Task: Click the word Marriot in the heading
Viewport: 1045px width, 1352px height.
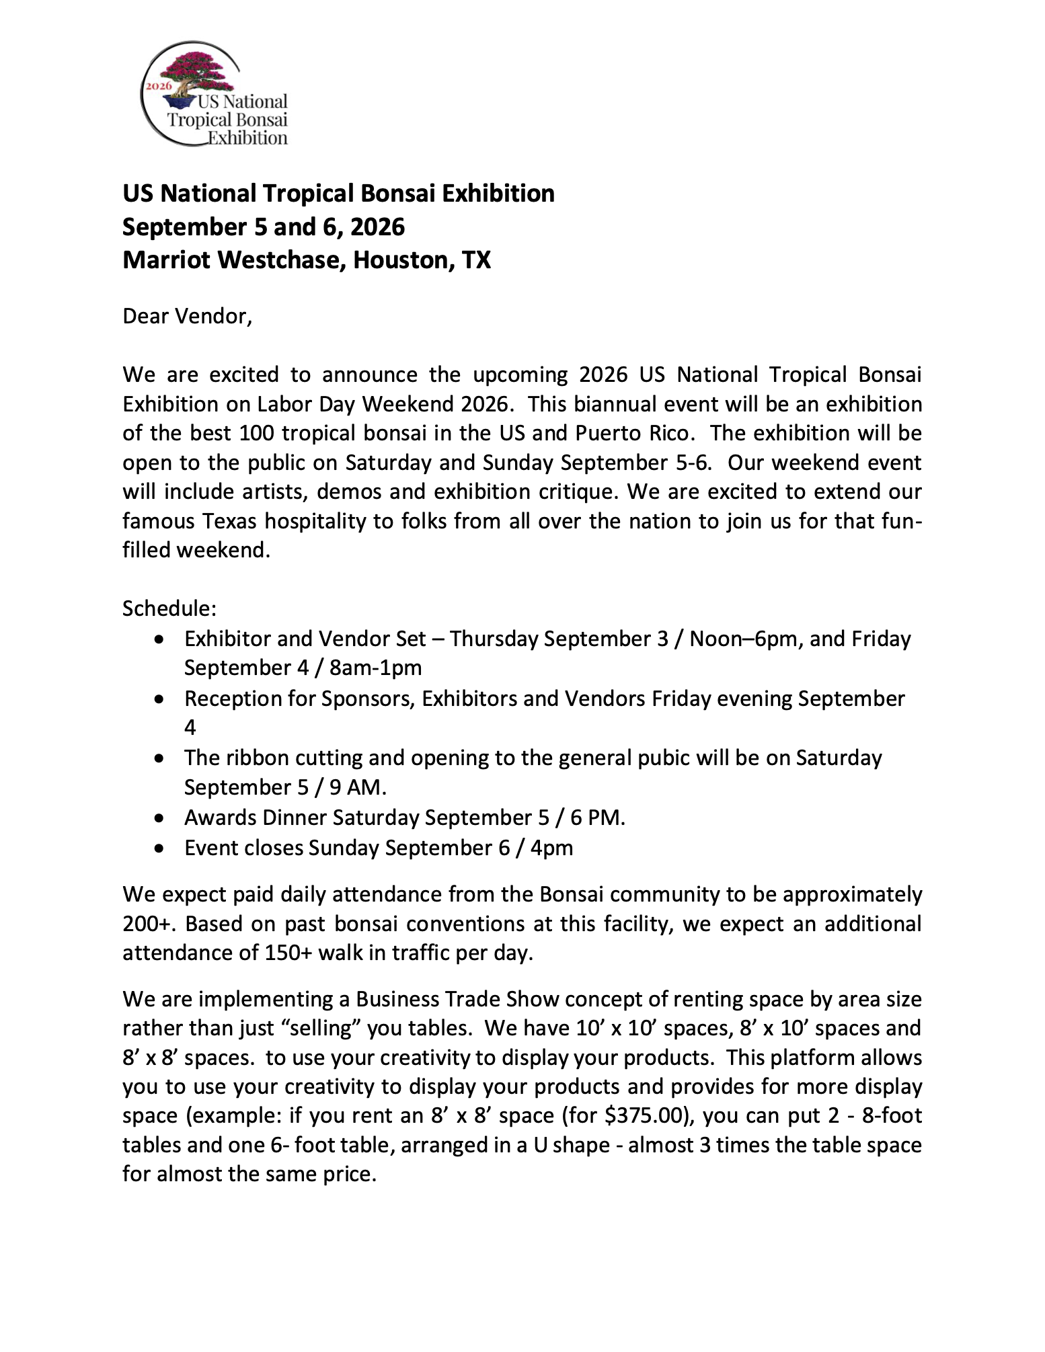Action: [166, 260]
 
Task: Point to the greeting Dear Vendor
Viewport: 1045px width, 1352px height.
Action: [187, 316]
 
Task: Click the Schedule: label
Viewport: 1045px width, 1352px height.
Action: [169, 608]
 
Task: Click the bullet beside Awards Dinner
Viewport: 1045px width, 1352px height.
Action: [159, 818]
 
